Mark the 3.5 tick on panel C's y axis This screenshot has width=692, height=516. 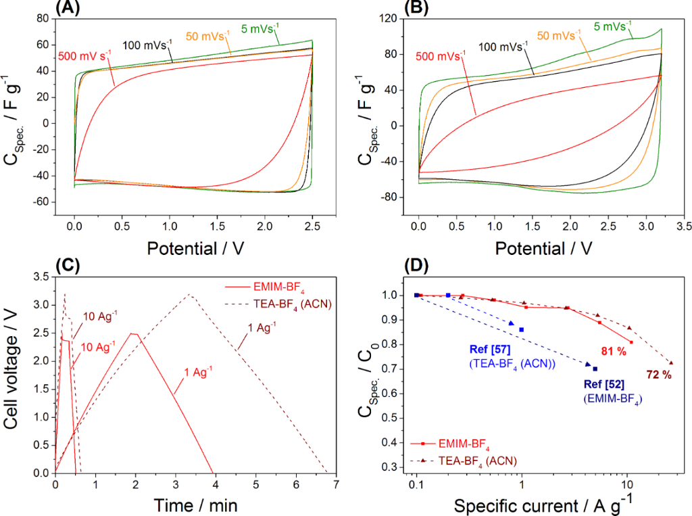[x=38, y=277]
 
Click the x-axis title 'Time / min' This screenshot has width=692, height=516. [x=195, y=505]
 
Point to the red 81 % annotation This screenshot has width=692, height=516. [x=613, y=351]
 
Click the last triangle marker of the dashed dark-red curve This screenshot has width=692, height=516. [x=671, y=362]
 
